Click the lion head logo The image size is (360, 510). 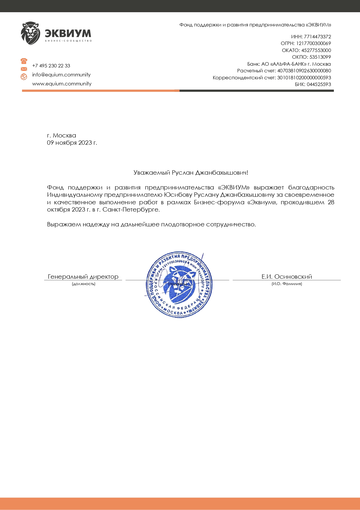pos(30,33)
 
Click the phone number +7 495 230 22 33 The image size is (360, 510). pos(51,66)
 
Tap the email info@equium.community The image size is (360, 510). pos(61,75)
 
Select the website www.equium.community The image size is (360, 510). pos(62,84)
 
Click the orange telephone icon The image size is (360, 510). pos(24,61)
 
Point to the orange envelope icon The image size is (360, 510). pos(24,69)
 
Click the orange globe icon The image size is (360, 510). pos(24,77)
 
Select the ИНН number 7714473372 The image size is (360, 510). pos(317,37)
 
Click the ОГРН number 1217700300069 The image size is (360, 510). pos(314,43)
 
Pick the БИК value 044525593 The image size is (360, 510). pos(319,84)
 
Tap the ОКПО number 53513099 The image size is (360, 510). pos(320,57)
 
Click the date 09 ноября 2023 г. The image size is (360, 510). pos(72,143)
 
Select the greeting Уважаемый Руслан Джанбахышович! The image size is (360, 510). pos(191,173)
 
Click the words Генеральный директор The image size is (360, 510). pos(83,277)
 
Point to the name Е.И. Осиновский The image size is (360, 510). pos(287,277)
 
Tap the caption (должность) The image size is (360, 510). pos(84,284)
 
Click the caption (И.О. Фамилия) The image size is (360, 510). pos(287,284)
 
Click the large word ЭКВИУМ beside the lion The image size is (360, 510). pos(68,33)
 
